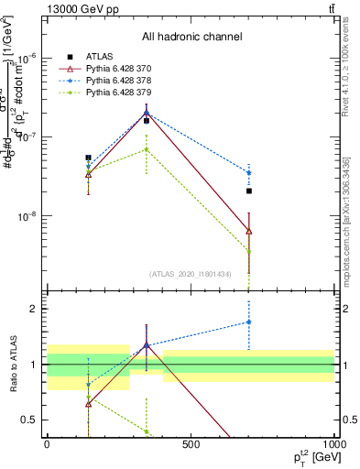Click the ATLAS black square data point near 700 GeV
point(249,191)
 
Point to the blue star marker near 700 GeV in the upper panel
point(249,173)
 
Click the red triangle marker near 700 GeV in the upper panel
point(249,231)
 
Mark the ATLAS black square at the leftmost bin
point(88,158)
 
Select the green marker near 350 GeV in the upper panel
point(146,149)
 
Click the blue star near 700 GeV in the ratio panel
point(249,322)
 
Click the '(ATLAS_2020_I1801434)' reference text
point(191,274)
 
